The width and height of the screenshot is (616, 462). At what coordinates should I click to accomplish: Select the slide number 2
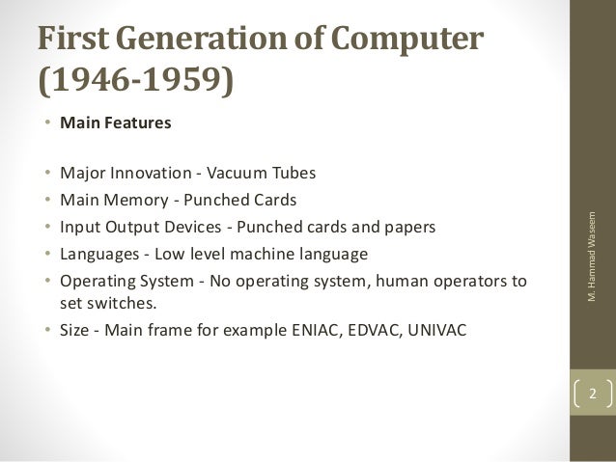[x=593, y=394]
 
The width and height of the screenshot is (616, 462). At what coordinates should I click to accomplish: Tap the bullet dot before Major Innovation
[x=48, y=175]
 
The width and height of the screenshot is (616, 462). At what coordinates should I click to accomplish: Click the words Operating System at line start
[x=119, y=283]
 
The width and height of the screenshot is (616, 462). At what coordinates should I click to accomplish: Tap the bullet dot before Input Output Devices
[x=48, y=229]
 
